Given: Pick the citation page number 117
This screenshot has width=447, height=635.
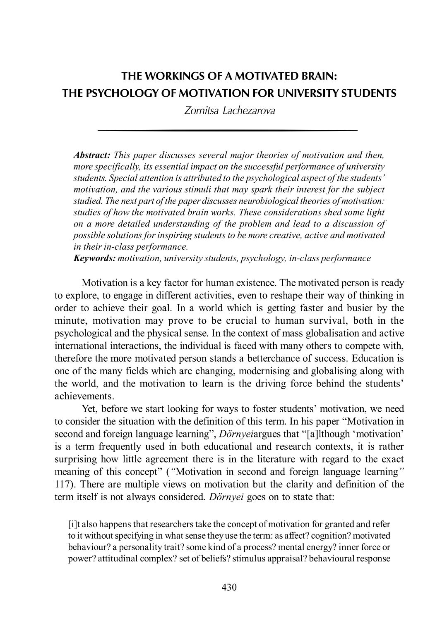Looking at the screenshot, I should click(x=63, y=484).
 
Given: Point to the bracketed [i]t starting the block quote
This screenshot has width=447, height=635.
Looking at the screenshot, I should click(x=74, y=524).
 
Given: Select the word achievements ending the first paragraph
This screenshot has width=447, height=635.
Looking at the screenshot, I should click(x=84, y=396).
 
